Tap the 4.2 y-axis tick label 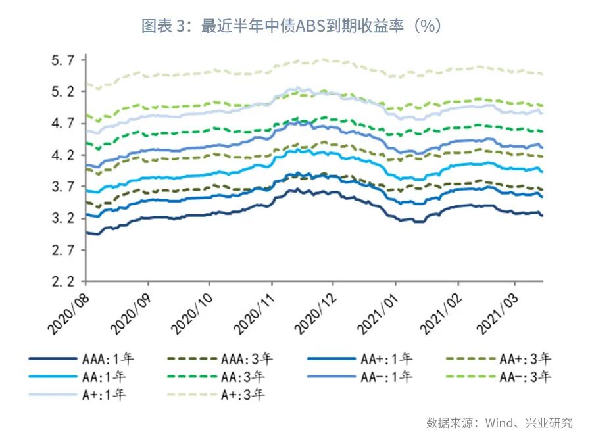click(x=64, y=155)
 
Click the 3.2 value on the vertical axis click(x=64, y=219)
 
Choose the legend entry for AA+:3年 click(x=525, y=359)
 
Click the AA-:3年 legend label click(x=525, y=377)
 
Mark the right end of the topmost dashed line click(x=543, y=74)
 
